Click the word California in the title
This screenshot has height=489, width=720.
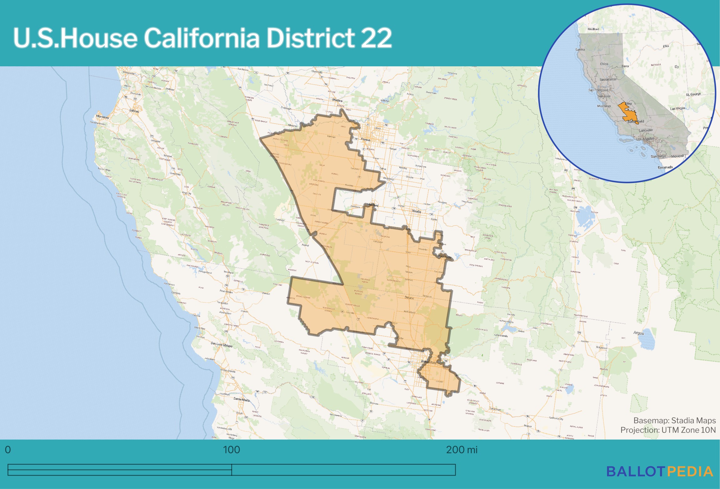click(201, 38)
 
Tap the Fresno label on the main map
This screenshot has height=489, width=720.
click(365, 140)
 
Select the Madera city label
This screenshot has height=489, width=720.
click(337, 100)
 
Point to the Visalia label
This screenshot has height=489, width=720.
click(416, 211)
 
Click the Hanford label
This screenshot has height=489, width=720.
click(373, 205)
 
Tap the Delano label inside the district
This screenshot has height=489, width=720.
click(409, 298)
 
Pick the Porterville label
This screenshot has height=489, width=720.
click(445, 257)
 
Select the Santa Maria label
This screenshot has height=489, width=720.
click(241, 399)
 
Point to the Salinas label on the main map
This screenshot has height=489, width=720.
click(134, 111)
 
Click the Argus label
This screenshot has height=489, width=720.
click(638, 333)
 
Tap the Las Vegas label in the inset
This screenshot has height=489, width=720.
click(677, 109)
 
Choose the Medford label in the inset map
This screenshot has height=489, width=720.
click(593, 29)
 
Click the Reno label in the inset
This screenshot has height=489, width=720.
click(625, 66)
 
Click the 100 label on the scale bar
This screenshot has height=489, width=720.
click(231, 450)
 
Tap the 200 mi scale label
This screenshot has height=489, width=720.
click(462, 450)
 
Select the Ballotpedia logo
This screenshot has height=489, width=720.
click(660, 471)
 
